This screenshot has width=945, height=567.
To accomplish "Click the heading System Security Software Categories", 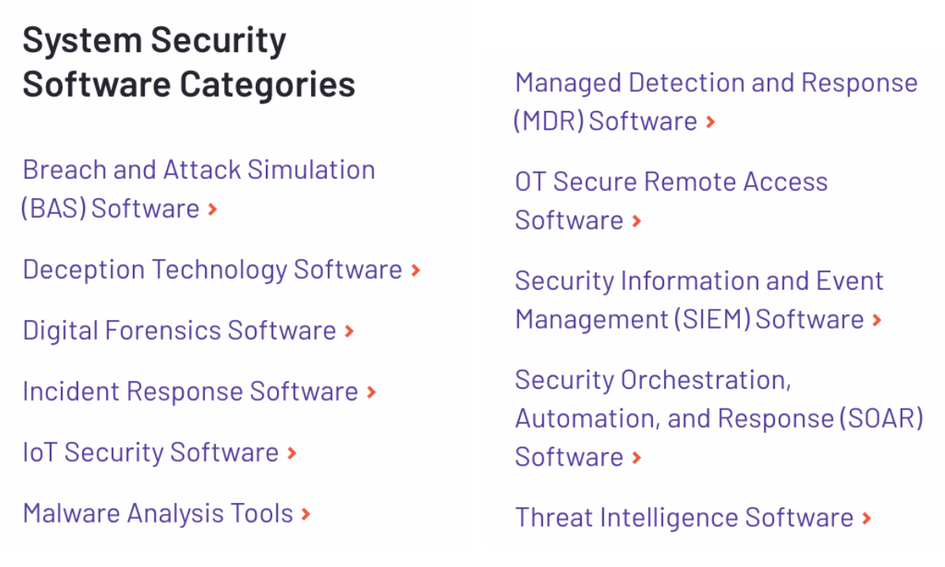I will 188,62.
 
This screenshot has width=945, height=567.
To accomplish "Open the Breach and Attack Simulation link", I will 198,170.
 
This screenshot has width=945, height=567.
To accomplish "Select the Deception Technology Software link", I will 212,270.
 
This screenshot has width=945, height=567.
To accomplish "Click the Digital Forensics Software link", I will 179,330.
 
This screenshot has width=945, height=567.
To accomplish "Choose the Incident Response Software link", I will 190,391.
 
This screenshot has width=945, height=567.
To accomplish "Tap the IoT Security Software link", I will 150,452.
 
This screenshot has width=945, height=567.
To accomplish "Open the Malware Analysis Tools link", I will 157,513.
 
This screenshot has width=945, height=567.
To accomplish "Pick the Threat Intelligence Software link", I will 684,518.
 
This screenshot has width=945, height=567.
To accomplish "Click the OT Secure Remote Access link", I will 670,182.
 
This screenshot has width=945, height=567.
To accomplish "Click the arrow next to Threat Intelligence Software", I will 867,519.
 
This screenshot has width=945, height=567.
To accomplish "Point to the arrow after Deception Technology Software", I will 416,271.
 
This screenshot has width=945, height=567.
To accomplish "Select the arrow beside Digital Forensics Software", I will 349,331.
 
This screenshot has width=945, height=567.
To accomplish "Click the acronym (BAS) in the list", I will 54,209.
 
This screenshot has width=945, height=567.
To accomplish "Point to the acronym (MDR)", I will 548,121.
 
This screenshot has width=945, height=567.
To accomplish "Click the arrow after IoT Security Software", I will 292,453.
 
